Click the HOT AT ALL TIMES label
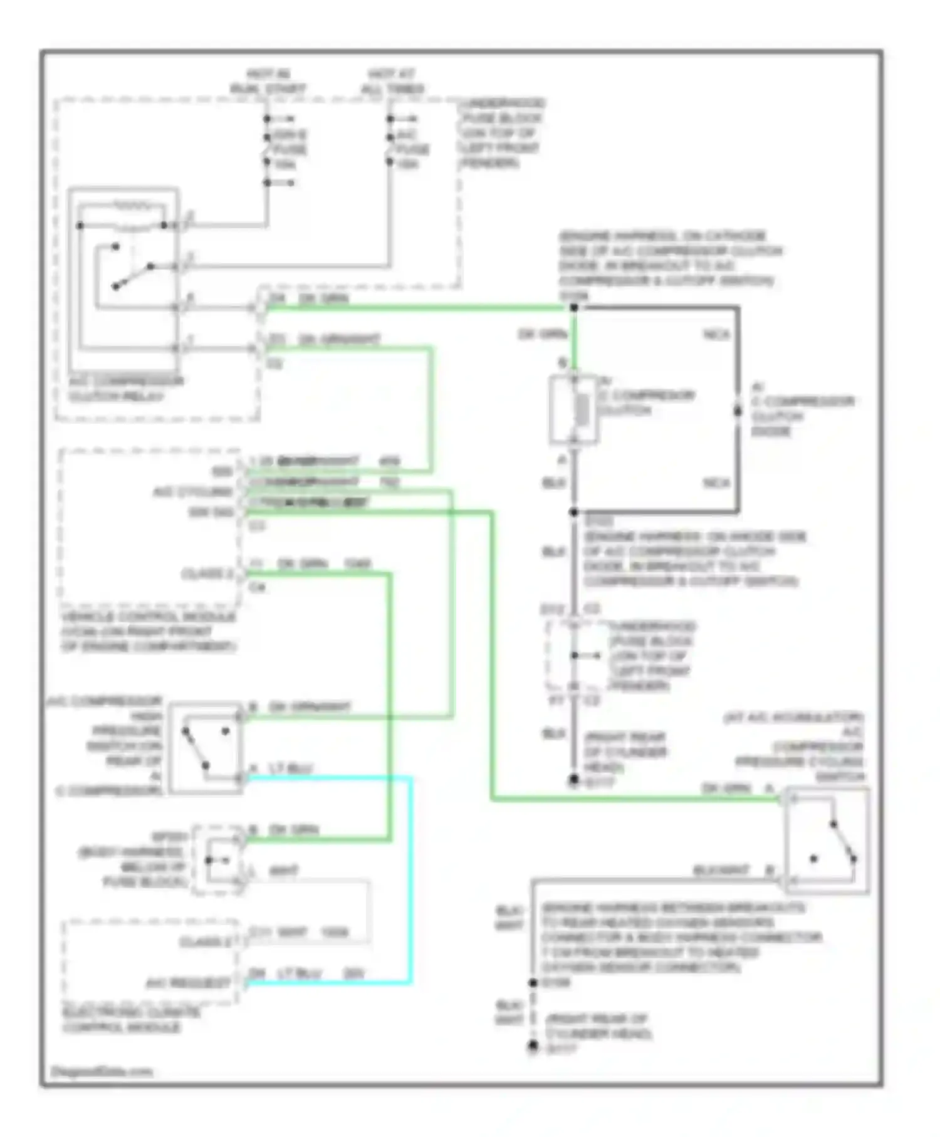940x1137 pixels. click(392, 81)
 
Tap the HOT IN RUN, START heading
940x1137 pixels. click(268, 81)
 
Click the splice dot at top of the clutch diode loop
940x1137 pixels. click(573, 307)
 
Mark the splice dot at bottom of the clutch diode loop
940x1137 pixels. click(573, 512)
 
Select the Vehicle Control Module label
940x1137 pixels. click(149, 631)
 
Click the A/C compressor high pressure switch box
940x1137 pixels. click(206, 748)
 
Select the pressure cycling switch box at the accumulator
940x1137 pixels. click(826, 840)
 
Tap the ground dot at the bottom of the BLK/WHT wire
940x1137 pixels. click(533, 1046)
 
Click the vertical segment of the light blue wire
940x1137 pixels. click(411, 878)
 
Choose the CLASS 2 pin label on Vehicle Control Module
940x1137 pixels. click(206, 574)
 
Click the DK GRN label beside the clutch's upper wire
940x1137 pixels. click(543, 334)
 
